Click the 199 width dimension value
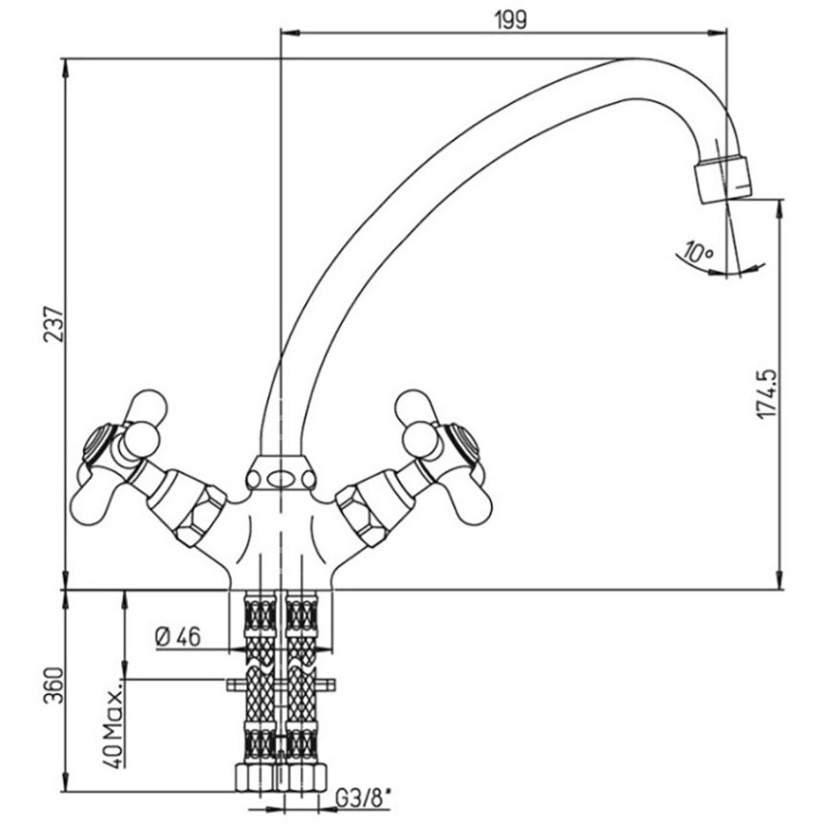pos(510,20)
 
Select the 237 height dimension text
pos(53,324)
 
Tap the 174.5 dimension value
pos(767,393)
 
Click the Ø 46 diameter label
pos(178,637)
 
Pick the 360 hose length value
pos(53,685)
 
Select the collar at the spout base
pos(281,473)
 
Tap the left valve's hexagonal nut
pos(201,515)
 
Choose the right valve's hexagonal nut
pos(362,515)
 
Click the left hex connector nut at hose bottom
pos(256,777)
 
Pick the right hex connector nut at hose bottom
pos(306,777)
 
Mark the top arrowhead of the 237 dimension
pos(65,66)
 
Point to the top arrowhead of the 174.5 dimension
pos(780,208)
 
